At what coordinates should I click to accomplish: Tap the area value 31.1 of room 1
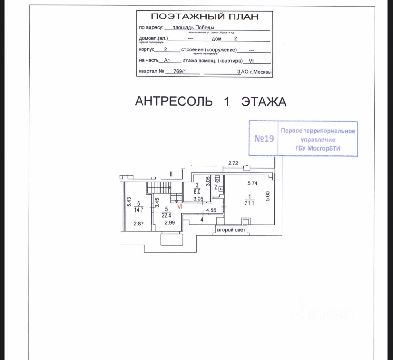click(249, 203)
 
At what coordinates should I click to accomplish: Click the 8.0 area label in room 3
click(197, 191)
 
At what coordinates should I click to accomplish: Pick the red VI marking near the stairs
click(180, 207)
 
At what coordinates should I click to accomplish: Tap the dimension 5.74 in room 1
click(252, 183)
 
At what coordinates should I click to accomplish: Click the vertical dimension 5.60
click(267, 196)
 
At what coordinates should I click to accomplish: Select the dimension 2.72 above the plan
click(233, 163)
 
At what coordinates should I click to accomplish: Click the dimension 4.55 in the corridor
click(211, 211)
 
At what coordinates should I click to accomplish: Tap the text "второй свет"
click(231, 230)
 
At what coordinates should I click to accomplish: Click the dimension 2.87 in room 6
click(138, 224)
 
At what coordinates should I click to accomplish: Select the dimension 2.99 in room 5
click(169, 223)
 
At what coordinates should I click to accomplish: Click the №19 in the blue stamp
click(264, 139)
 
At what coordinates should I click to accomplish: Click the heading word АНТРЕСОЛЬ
click(174, 101)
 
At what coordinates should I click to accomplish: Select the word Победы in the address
click(205, 27)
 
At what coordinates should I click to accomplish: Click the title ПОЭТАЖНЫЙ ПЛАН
click(205, 17)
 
